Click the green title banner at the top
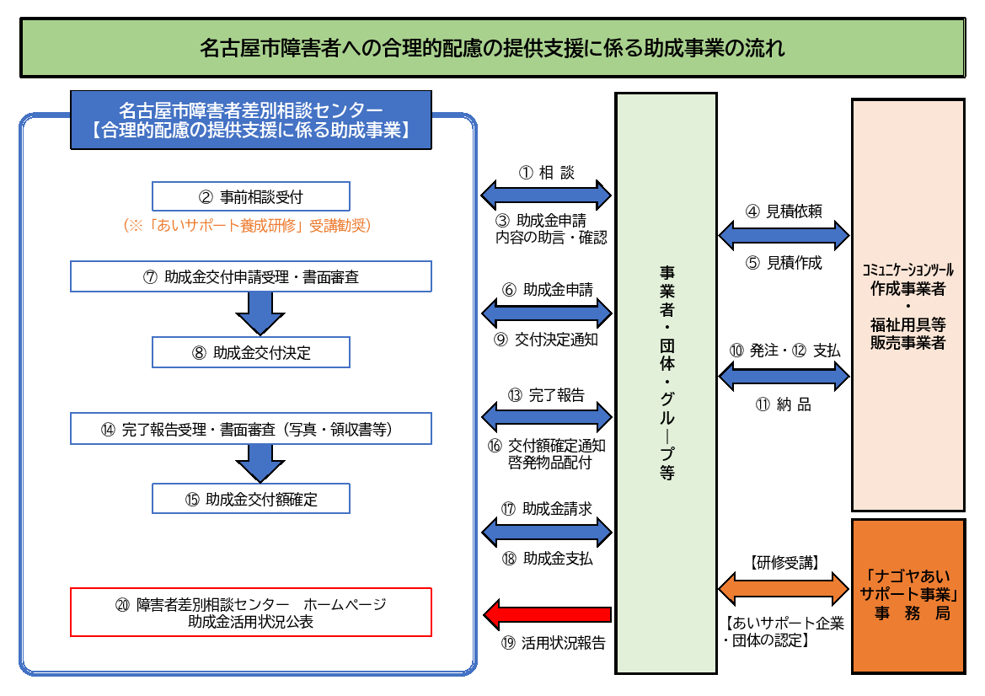(x=492, y=48)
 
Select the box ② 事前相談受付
(x=250, y=197)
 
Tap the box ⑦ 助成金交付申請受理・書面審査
(x=250, y=276)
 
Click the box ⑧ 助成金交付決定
(x=250, y=353)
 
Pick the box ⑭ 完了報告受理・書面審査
(x=250, y=429)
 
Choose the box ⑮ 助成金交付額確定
(x=250, y=499)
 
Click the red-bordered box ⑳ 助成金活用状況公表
(x=250, y=613)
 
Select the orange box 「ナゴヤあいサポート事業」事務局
(x=907, y=596)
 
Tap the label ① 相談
(x=546, y=173)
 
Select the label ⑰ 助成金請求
(x=546, y=509)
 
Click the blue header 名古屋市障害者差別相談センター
(x=250, y=120)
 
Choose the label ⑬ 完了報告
(x=546, y=395)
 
